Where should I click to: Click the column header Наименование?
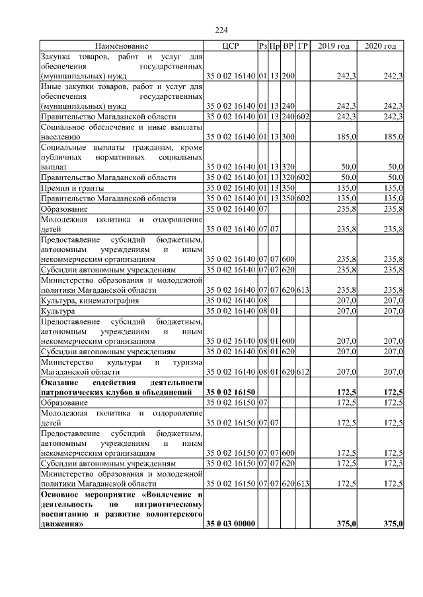tap(122, 46)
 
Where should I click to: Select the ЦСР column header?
tap(231, 46)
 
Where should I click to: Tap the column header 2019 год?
tap(334, 46)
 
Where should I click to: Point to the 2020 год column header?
tap(381, 46)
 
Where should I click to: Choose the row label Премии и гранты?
tap(68, 188)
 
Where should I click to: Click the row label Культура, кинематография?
tap(90, 300)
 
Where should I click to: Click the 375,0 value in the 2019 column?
tap(347, 524)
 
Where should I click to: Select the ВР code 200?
tap(288, 77)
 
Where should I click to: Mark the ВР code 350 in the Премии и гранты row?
tap(288, 188)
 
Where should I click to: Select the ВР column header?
tap(288, 46)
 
